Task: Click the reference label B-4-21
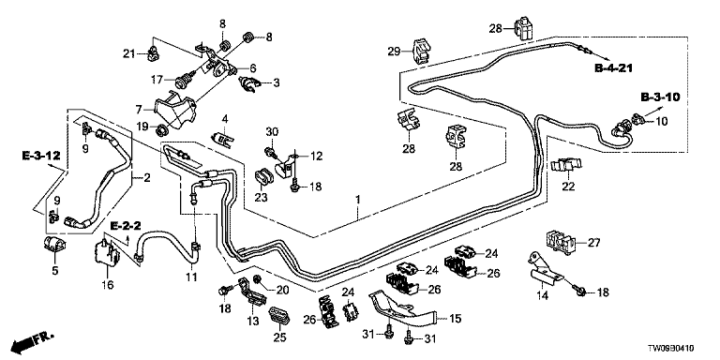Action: tap(614, 68)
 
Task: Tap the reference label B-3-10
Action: tap(660, 97)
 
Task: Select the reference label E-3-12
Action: tap(41, 157)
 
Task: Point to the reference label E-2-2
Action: tap(126, 225)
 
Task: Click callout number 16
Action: tap(108, 285)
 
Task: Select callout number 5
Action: tap(55, 270)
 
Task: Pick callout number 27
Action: tap(594, 243)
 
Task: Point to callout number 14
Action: tap(543, 296)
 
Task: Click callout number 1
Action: tap(358, 201)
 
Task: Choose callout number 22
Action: tap(568, 187)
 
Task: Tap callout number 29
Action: tap(395, 51)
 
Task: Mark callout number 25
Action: tap(279, 337)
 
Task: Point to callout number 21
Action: tap(129, 54)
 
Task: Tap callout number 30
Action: tap(273, 131)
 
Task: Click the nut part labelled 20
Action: tap(257, 278)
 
